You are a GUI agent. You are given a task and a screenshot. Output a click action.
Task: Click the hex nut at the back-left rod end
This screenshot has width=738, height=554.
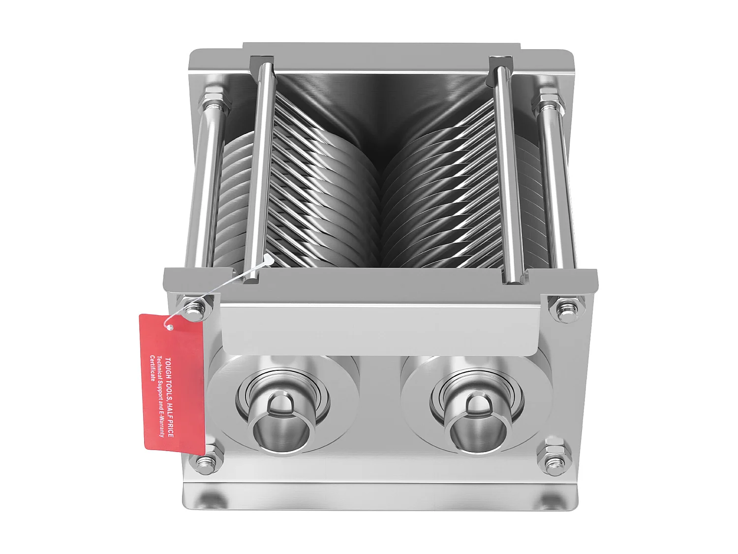(214, 101)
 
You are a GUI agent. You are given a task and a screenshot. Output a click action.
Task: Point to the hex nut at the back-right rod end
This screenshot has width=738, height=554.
(548, 102)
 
